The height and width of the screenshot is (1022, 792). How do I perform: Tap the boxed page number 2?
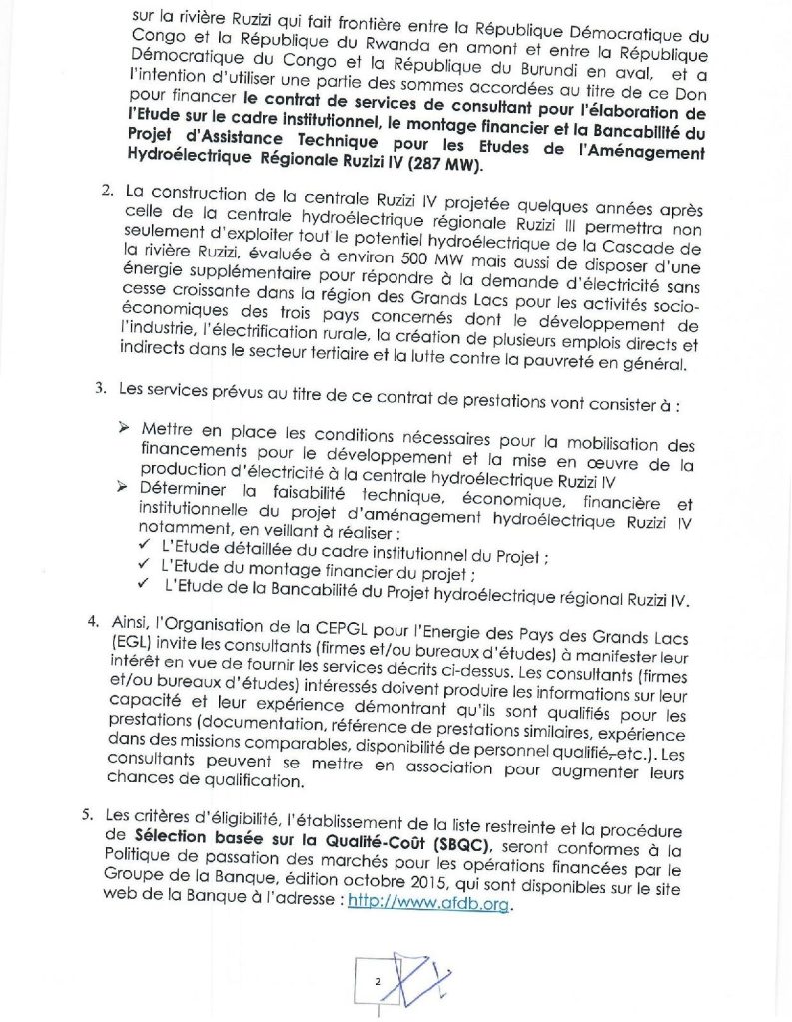click(x=378, y=981)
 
